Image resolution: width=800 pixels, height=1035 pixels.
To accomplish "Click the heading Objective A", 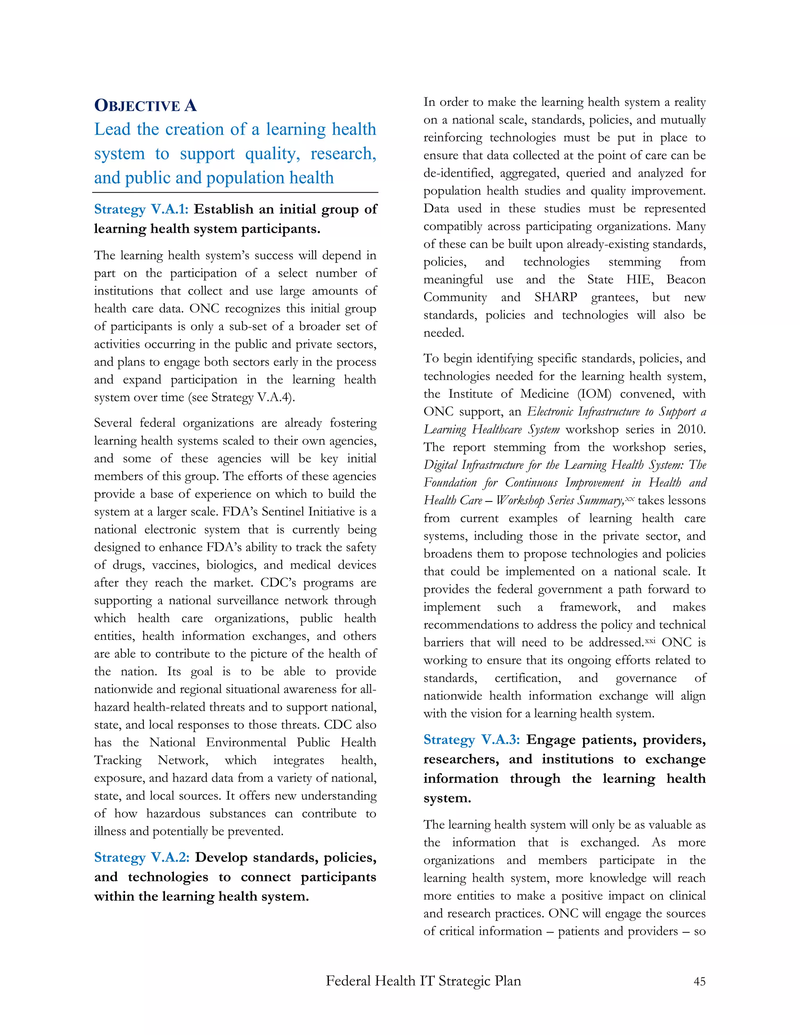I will click(145, 105).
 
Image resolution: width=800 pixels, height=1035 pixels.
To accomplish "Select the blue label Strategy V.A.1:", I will click(141, 209).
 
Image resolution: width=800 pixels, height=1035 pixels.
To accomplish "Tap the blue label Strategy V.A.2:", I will click(142, 857).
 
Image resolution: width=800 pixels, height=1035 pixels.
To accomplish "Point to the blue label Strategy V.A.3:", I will click(471, 740).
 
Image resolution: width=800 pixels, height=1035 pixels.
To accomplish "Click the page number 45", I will click(699, 981).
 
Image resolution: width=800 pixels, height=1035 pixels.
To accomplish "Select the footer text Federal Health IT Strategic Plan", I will click(423, 980).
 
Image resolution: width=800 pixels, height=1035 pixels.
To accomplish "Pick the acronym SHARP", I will click(555, 297).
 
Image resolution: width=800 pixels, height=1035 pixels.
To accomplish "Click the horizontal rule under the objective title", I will click(235, 193).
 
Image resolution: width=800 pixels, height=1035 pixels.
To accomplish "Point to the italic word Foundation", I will click(450, 483).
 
